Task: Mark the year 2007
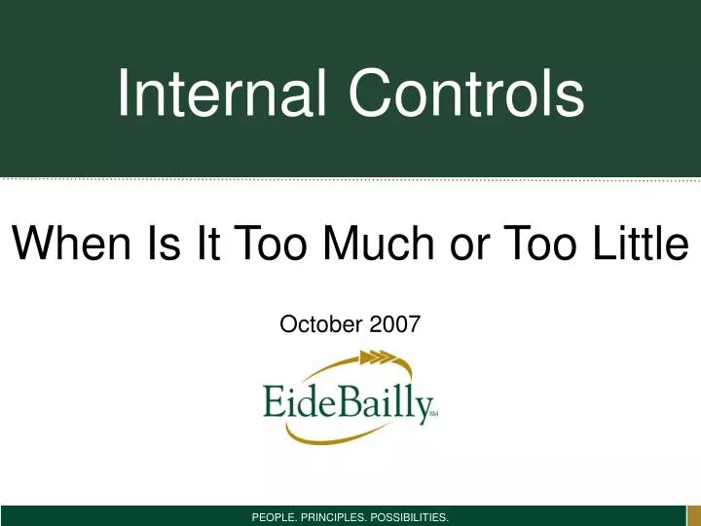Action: coord(395,324)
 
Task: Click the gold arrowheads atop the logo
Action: coord(377,358)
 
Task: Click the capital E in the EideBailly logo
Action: coord(276,400)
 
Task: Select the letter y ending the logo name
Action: coord(419,405)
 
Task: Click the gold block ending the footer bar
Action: coord(692,515)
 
